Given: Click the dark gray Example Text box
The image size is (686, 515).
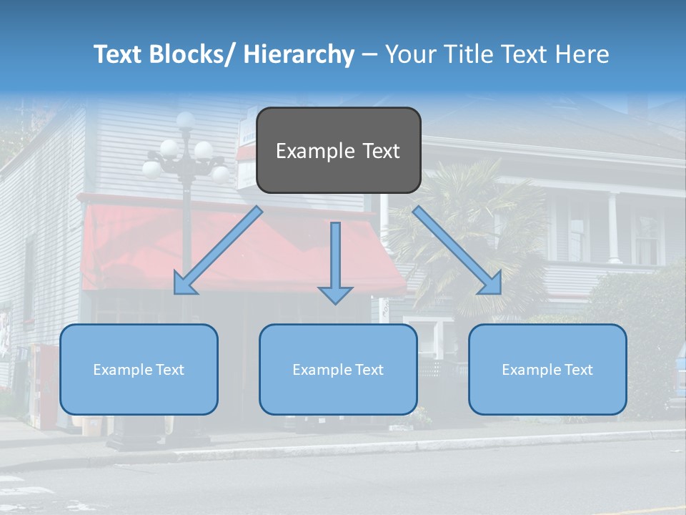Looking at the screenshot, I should pyautogui.click(x=338, y=150).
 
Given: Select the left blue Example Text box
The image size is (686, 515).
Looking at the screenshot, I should pyautogui.click(x=139, y=369).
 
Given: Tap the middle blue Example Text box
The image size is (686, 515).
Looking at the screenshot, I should pyautogui.click(x=338, y=369).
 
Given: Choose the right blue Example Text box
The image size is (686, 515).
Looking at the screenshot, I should pyautogui.click(x=547, y=369).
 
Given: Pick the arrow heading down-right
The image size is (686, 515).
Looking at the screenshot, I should pyautogui.click(x=457, y=250).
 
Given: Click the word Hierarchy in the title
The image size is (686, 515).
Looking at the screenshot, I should pyautogui.click(x=299, y=54).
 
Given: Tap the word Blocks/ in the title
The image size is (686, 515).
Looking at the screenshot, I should pyautogui.click(x=190, y=54).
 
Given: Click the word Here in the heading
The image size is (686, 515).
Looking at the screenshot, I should pyautogui.click(x=582, y=54).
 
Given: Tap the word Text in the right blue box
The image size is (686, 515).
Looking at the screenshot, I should pyautogui.click(x=577, y=370).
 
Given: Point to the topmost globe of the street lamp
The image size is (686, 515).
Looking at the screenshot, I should pyautogui.click(x=186, y=119).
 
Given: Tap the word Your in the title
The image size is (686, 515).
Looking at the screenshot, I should pyautogui.click(x=409, y=54).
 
